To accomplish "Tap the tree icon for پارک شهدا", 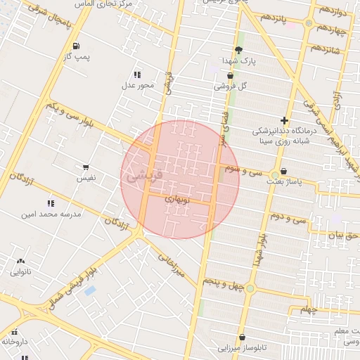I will tap(238, 50).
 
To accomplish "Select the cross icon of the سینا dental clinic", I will tap(284, 120).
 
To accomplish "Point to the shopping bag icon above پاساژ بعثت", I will tap(283, 171).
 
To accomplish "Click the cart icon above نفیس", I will tap(86, 167).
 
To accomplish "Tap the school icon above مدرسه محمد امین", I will tap(51, 202).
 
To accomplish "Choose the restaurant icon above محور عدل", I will tap(137, 75).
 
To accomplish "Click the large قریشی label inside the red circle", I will tap(146, 175).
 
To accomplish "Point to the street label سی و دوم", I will tap(290, 219).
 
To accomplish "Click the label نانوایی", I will tap(20, 271).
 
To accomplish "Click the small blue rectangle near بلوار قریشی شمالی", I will tap(90, 290).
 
